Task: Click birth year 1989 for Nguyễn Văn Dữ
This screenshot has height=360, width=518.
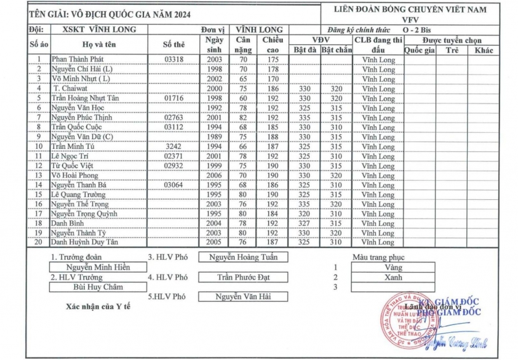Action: click(213, 137)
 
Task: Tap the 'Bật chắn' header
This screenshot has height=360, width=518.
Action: click(337, 50)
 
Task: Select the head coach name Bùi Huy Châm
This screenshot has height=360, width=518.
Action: click(98, 287)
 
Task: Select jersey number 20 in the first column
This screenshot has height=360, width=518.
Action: click(39, 242)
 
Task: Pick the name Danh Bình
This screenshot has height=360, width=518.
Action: click(68, 223)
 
